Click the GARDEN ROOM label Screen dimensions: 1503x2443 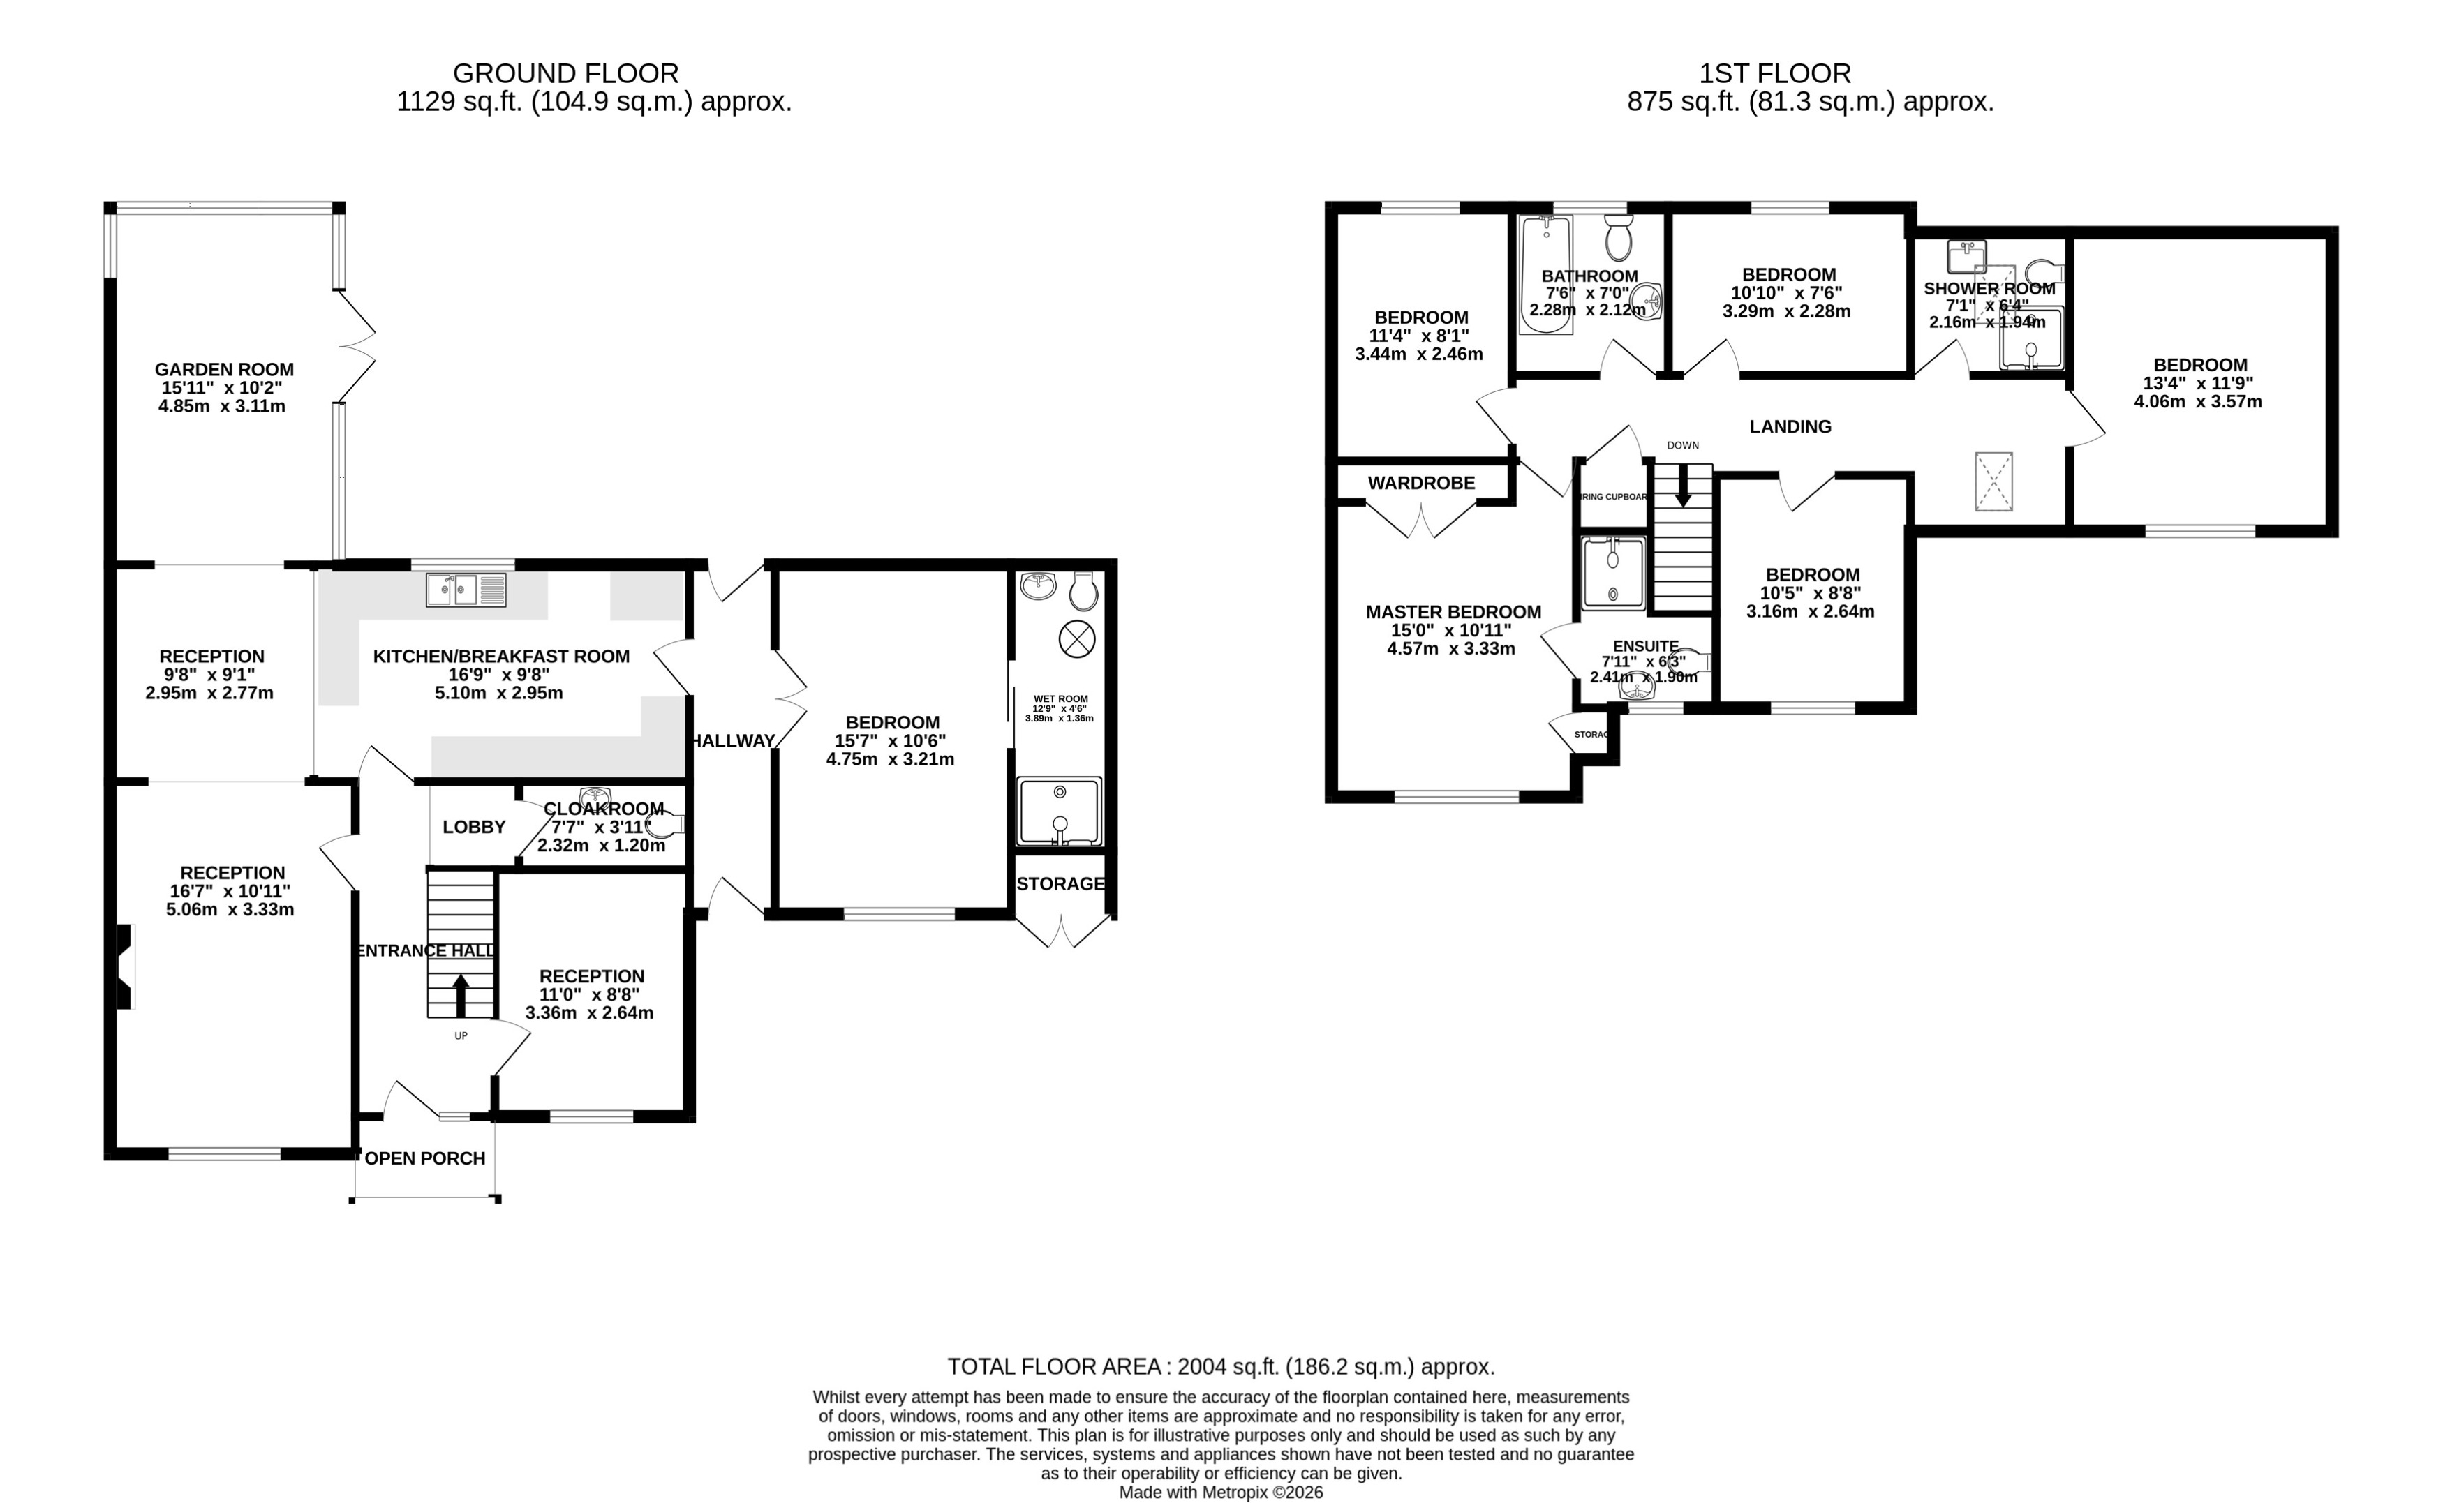coord(224,370)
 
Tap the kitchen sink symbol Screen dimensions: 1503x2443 coord(466,590)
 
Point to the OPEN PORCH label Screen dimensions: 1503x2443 coord(426,1158)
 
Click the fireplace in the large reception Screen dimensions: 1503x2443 coord(125,966)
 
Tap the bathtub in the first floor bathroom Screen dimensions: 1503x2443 coord(1546,274)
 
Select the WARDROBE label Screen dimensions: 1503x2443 coord(1421,483)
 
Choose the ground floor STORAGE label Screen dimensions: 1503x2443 coord(1060,883)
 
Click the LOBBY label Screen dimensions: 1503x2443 coord(473,827)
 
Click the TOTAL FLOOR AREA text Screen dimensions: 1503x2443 coord(1220,1367)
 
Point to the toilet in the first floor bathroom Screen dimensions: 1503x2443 coord(1618,237)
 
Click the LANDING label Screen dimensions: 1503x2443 coord(1790,426)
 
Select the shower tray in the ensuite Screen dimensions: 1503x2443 coord(1613,573)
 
